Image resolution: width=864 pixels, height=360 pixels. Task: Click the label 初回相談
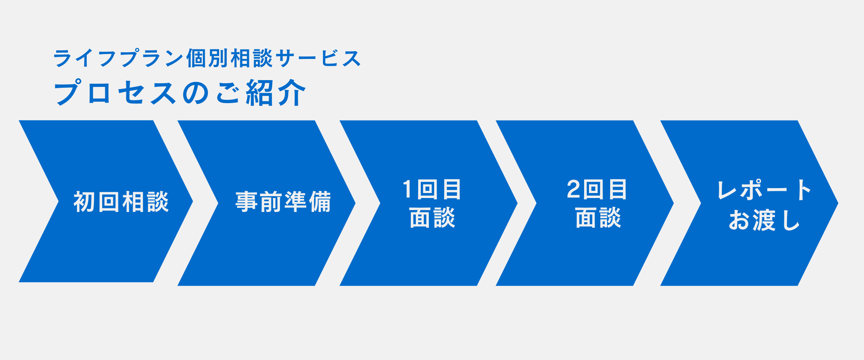pos(121,202)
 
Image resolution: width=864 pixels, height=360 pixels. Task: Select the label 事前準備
pos(283,202)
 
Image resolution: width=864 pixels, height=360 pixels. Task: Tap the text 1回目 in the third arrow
pos(432,189)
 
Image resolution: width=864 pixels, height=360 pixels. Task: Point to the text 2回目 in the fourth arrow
pos(597,189)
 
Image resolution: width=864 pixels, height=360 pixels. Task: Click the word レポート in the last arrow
pos(764,190)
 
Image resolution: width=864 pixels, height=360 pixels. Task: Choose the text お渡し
pos(764,220)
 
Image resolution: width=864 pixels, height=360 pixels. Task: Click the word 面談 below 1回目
pos(432,218)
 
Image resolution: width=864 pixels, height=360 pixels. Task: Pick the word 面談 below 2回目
pos(598,218)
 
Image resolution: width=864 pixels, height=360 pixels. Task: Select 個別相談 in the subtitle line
pos(229,58)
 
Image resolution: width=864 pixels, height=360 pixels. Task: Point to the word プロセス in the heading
pos(115,93)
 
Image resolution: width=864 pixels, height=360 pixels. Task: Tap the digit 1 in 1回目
pos(407,189)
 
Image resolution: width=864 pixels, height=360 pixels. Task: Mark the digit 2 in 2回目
pos(573,189)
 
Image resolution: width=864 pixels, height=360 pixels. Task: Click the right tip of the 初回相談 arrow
pos(193,202)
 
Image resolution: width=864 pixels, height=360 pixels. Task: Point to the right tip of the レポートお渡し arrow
pos(838,203)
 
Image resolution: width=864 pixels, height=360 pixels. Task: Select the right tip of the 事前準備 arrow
pos(355,203)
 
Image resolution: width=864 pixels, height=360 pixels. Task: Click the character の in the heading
pos(196,94)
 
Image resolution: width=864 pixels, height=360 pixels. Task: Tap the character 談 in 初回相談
pos(157,202)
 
